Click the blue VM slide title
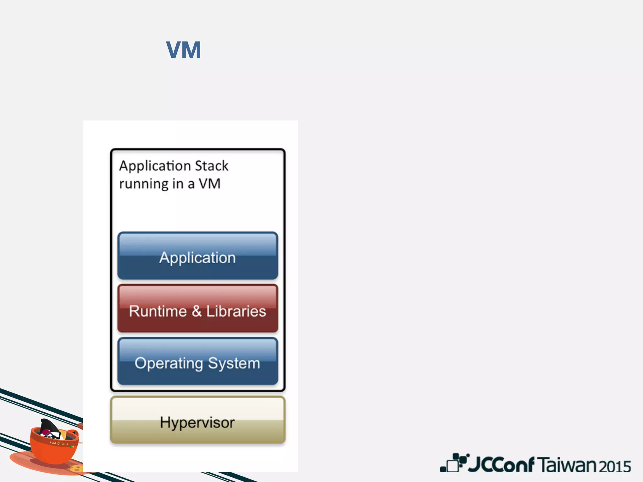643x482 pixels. [183, 50]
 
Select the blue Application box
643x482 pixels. [197, 256]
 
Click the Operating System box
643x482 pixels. [197, 361]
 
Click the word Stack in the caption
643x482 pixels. [212, 166]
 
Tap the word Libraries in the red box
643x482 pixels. [236, 311]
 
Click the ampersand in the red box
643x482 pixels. [197, 311]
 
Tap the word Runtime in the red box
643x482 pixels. [158, 311]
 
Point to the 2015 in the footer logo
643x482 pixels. [615, 467]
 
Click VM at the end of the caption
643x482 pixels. [209, 184]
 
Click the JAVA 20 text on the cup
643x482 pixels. [59, 443]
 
